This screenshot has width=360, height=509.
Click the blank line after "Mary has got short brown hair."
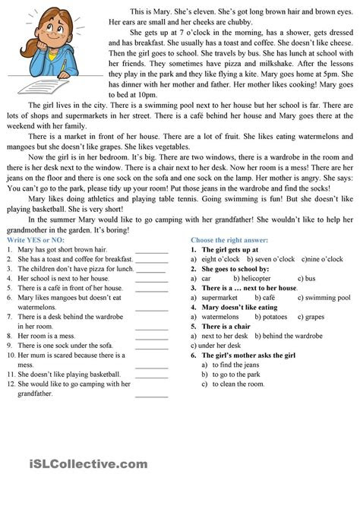coord(151,250)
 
